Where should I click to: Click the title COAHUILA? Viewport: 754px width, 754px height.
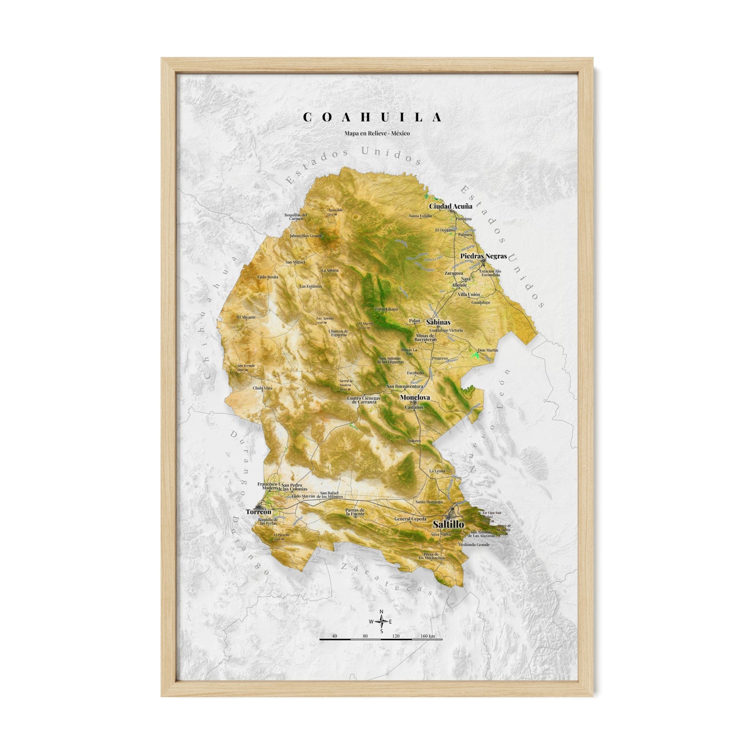click(x=373, y=117)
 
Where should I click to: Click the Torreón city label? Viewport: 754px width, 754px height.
click(x=259, y=512)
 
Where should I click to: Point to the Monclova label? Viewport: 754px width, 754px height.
click(x=415, y=397)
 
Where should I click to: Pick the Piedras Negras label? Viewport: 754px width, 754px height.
click(x=484, y=256)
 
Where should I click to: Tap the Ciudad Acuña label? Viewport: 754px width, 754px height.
click(x=450, y=206)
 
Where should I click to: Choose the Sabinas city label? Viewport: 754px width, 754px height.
click(x=438, y=322)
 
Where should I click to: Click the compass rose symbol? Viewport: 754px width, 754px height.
click(x=381, y=621)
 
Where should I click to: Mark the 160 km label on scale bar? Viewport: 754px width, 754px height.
click(x=427, y=636)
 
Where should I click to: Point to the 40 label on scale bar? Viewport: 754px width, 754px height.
click(x=334, y=636)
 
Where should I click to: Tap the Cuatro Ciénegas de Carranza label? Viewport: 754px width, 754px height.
click(x=364, y=400)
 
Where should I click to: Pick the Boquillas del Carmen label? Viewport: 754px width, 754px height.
click(x=295, y=217)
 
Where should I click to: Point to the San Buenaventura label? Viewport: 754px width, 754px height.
click(x=404, y=386)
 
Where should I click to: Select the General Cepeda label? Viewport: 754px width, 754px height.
click(x=410, y=519)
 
